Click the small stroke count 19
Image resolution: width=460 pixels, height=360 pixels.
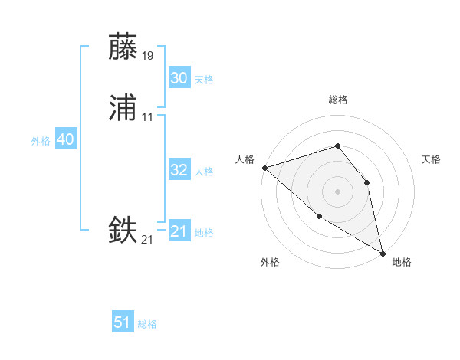point(148,56)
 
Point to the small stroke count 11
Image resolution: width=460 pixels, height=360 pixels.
point(148,117)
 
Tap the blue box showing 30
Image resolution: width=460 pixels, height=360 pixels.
point(179,78)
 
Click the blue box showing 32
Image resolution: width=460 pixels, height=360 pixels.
point(179,170)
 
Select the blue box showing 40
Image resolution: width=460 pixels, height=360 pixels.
point(65,139)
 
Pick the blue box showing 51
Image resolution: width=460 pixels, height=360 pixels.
point(123,322)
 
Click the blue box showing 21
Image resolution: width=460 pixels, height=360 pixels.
point(179,231)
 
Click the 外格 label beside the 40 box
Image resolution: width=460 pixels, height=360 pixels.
point(40,141)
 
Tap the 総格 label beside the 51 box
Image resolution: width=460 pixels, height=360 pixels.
point(147,324)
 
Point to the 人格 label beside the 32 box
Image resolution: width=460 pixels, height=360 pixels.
point(204,172)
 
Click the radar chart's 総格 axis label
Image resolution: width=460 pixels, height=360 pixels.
point(338,100)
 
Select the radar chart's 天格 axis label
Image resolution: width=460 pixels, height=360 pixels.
point(432,159)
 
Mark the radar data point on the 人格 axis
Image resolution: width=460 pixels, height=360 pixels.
point(264,168)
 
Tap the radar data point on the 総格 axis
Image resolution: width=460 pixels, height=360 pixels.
point(338,146)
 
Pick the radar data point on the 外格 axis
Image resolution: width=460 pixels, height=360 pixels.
point(319,217)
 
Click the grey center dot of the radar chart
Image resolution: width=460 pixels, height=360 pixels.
point(338,191)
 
